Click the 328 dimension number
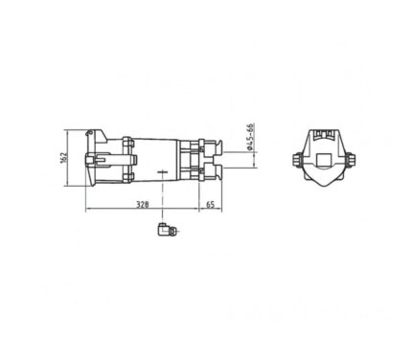tap(143, 204)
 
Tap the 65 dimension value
tap(210, 204)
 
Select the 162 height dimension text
tap(63, 158)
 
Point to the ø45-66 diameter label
tap(250, 136)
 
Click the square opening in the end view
tap(324, 160)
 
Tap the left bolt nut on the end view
tap(297, 160)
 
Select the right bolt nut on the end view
tap(350, 160)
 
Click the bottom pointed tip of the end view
tap(324, 186)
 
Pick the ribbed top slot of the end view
tap(324, 134)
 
